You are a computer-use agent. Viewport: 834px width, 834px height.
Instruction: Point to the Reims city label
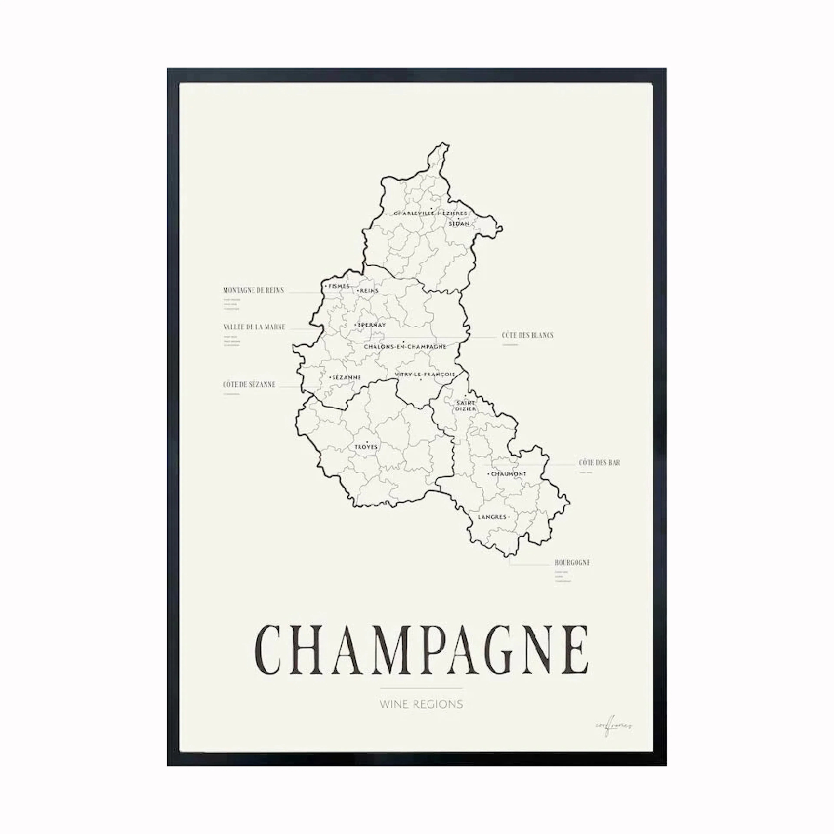(369, 291)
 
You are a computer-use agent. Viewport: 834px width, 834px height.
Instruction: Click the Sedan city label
(459, 224)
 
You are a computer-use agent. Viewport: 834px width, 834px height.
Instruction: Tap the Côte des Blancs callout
(527, 335)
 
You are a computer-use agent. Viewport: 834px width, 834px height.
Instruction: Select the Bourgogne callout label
(572, 563)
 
